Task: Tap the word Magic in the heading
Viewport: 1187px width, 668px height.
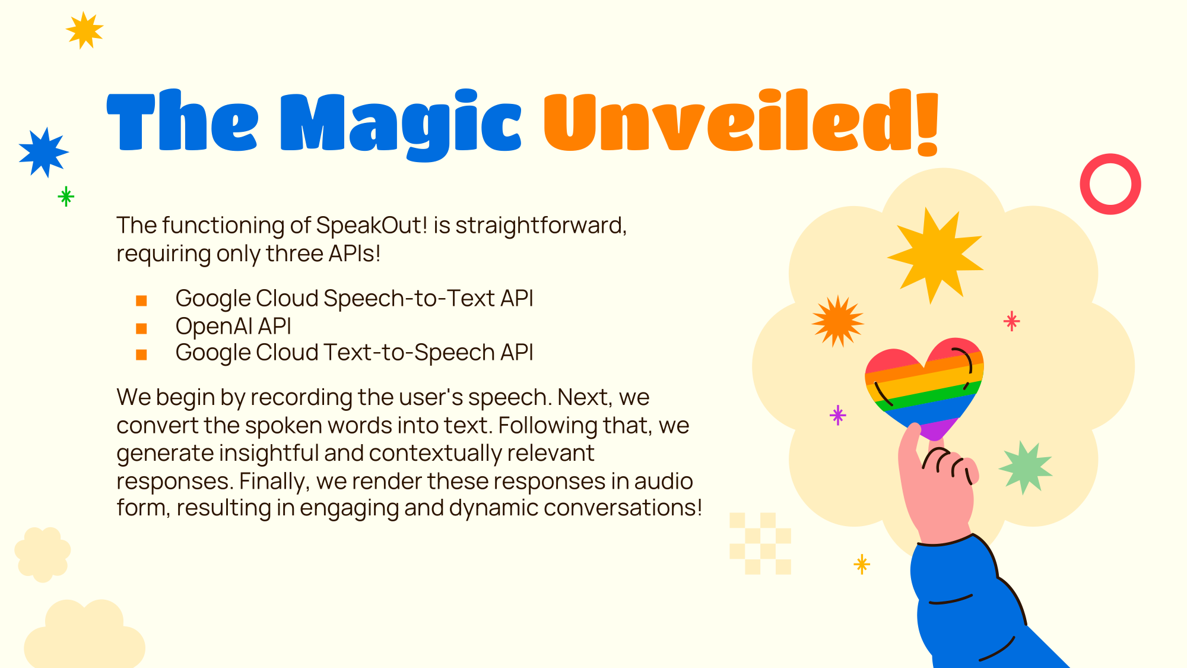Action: (x=401, y=124)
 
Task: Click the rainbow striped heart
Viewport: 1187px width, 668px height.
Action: (x=923, y=386)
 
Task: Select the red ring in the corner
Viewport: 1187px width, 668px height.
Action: (x=1110, y=184)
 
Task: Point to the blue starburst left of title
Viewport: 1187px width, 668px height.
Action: (x=43, y=152)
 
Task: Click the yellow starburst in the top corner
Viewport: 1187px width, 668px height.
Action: (x=84, y=30)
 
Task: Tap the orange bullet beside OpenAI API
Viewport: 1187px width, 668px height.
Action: (x=141, y=328)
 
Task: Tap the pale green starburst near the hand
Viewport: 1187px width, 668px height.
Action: (x=1025, y=468)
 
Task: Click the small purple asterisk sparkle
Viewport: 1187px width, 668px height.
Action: (x=837, y=415)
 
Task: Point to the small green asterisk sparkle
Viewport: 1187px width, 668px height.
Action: (x=66, y=196)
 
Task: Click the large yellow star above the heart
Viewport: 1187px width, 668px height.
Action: (x=935, y=254)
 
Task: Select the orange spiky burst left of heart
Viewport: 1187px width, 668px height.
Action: (x=837, y=321)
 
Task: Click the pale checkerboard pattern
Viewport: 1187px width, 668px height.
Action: (x=760, y=543)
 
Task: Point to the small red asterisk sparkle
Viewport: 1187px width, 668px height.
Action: (x=1011, y=321)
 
